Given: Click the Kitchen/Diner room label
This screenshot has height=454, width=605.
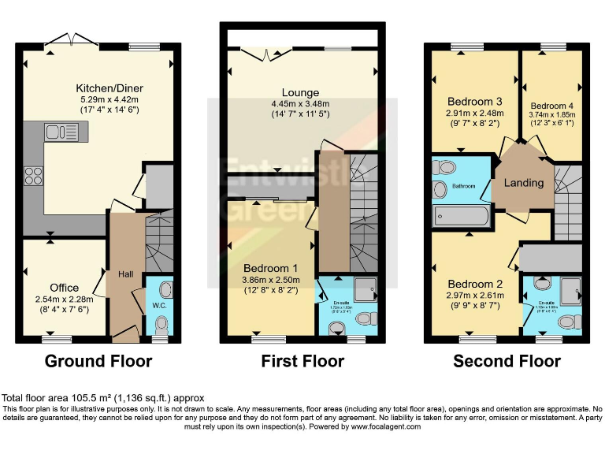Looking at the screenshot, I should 109,87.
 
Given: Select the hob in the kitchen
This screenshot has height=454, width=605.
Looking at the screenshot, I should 35,175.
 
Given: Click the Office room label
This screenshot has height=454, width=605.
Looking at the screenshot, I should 65,287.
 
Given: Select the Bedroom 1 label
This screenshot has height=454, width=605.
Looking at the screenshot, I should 270,267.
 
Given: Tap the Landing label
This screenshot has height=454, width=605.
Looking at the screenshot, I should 524,183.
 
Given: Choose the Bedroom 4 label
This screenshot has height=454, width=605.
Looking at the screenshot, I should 552,106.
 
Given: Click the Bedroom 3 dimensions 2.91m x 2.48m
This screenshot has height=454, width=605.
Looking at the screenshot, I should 475,115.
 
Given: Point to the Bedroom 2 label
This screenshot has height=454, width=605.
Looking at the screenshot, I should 475,284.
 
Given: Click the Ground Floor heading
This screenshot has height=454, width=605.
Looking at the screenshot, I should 98,362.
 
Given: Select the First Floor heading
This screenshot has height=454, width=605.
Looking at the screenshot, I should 302,362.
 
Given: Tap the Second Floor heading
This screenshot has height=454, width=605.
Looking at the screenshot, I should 507,362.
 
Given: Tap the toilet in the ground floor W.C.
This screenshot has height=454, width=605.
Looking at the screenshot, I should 161,325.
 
